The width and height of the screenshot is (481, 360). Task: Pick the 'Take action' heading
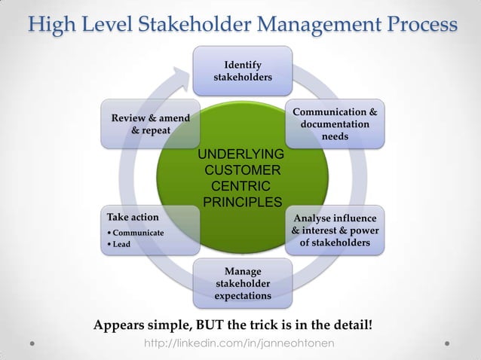point(133,218)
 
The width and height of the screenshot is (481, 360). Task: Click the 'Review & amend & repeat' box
point(150,124)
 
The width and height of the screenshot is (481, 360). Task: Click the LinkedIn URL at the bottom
point(240,343)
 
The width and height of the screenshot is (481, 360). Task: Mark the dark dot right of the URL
point(447,343)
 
